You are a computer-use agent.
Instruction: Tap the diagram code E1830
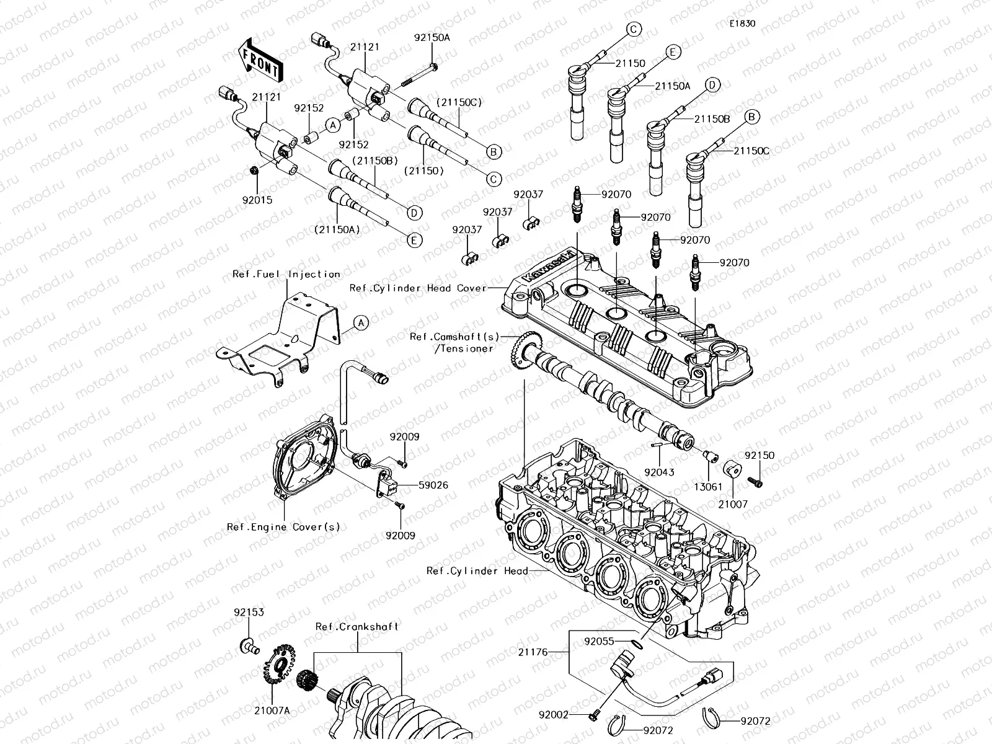pyautogui.click(x=742, y=24)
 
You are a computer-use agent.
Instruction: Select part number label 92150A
pyautogui.click(x=432, y=37)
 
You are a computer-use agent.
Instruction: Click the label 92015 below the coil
pyautogui.click(x=258, y=200)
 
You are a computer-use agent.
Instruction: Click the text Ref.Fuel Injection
pyautogui.click(x=286, y=274)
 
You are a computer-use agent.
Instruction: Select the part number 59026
pyautogui.click(x=433, y=485)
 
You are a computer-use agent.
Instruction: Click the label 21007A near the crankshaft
pyautogui.click(x=272, y=711)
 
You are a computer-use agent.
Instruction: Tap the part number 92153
pyautogui.click(x=249, y=612)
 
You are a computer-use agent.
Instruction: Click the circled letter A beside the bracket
pyautogui.click(x=361, y=322)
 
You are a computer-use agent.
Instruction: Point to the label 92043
pyautogui.click(x=659, y=472)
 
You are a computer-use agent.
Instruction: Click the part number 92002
pyautogui.click(x=554, y=715)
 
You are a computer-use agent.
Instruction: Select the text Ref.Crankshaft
pyautogui.click(x=356, y=627)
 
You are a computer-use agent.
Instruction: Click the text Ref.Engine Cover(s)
pyautogui.click(x=283, y=527)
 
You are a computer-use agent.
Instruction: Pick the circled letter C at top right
pyautogui.click(x=633, y=29)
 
